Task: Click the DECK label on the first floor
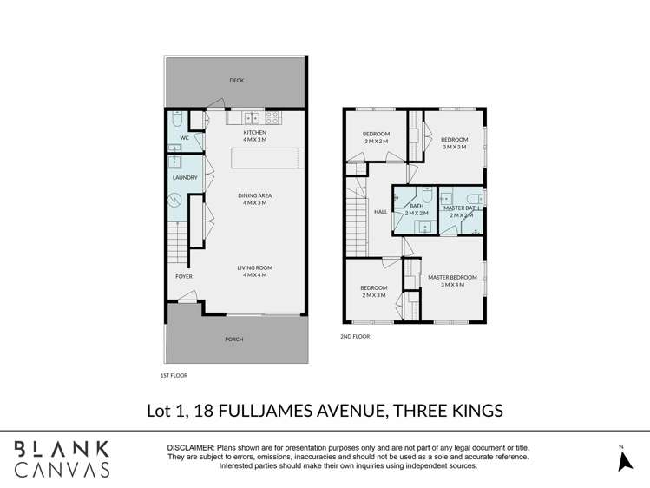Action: tap(236, 81)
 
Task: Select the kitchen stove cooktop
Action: tap(272, 117)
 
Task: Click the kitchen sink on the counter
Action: tap(251, 117)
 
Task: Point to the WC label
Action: tap(184, 138)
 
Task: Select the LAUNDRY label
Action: tap(185, 178)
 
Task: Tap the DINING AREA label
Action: tap(254, 196)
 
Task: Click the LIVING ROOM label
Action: tap(254, 268)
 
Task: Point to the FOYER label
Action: tap(184, 276)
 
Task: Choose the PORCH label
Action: tap(234, 340)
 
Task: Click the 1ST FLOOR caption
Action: tap(174, 376)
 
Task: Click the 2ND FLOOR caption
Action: tap(355, 335)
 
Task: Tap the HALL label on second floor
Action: tap(379, 211)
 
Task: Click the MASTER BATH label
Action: tap(461, 208)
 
